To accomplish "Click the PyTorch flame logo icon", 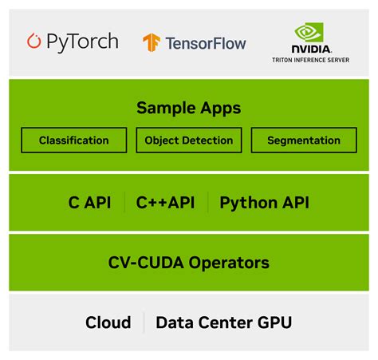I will [34, 41].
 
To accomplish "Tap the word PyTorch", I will [81, 42].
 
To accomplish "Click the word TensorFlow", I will [205, 43].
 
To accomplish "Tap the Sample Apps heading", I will [188, 108].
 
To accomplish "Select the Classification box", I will [74, 140].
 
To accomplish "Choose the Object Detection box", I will [189, 140].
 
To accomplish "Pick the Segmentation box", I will [304, 140].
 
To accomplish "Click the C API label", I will [90, 203].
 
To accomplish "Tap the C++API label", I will [167, 203].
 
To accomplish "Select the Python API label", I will [264, 203].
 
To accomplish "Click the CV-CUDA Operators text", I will [188, 262].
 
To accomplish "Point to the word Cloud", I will [108, 322].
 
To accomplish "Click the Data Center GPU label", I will [223, 322].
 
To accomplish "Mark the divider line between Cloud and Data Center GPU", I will [144, 322].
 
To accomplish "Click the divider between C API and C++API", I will [124, 203].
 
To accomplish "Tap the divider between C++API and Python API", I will [208, 203].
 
